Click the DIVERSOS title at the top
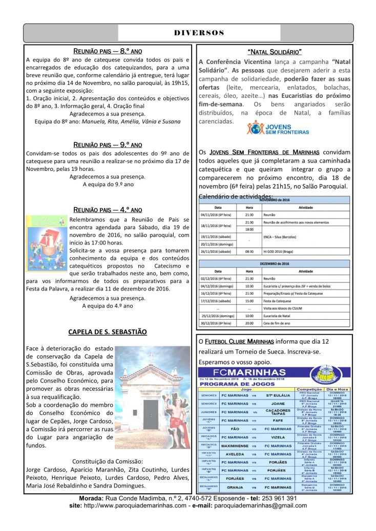click(199, 33)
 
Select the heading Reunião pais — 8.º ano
click(108, 52)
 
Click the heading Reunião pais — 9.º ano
click(108, 145)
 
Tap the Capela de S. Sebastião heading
click(108, 332)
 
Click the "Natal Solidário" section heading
click(274, 52)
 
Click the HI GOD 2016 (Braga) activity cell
click(278, 252)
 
